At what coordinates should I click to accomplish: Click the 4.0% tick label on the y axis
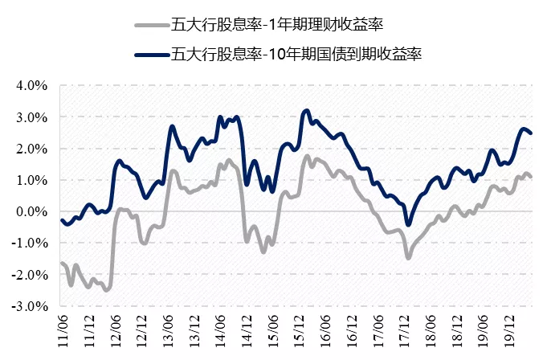tap(33, 85)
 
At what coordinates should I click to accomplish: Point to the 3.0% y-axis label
tap(33, 117)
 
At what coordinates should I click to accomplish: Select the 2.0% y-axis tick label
tap(33, 149)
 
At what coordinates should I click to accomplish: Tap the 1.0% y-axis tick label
tap(33, 180)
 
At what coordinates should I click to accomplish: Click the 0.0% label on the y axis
tap(33, 211)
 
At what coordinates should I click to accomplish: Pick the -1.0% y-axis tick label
tap(31, 243)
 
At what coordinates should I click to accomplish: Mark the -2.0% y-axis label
tap(31, 275)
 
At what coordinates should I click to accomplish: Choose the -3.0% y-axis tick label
tap(31, 306)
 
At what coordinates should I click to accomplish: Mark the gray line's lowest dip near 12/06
tap(106, 289)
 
